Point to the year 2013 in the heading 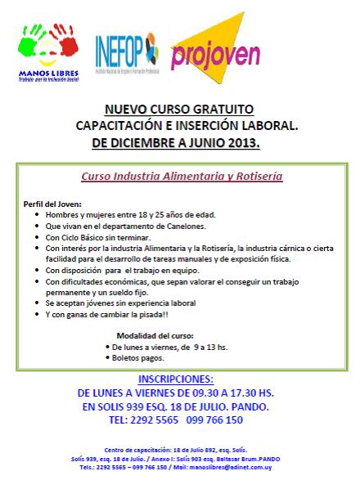pos(243,141)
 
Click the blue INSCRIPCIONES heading pos(177,379)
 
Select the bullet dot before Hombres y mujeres pos(38,214)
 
